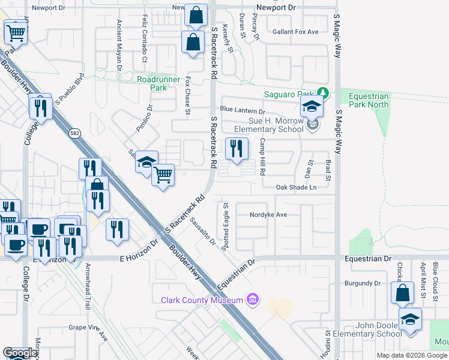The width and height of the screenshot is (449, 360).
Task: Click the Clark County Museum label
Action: (x=201, y=300)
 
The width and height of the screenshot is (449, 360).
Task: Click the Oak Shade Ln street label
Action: (x=296, y=187)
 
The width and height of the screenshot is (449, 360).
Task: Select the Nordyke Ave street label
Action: (x=269, y=214)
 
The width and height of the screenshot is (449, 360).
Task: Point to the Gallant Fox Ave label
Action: (x=295, y=32)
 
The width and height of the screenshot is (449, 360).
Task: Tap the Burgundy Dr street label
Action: (x=363, y=283)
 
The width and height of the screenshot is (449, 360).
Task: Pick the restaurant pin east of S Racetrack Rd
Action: (x=237, y=148)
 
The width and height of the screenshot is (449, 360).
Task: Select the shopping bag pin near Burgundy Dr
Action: (x=403, y=293)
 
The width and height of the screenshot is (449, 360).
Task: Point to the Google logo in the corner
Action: (x=20, y=353)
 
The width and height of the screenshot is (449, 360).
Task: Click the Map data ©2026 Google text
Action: (x=412, y=355)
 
